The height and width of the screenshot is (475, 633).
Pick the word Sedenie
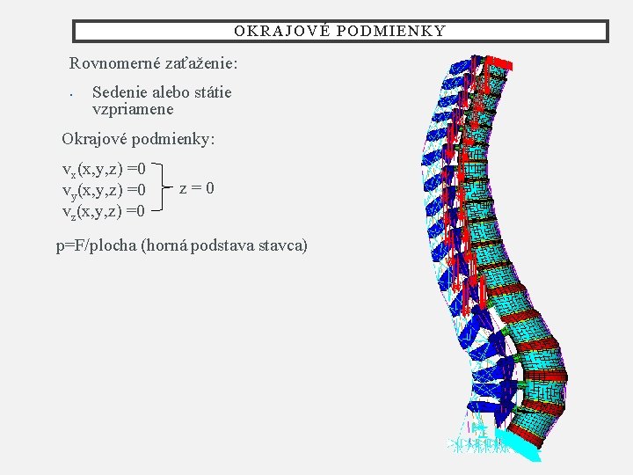pos(120,92)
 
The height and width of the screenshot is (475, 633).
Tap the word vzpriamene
pos(133,110)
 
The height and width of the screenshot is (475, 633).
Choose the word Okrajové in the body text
pos(93,139)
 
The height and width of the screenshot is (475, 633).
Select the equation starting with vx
pos(104,167)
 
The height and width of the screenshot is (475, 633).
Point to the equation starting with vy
pos(104,189)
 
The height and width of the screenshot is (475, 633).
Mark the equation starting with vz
pos(104,211)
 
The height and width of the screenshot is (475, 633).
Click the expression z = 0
pos(196,188)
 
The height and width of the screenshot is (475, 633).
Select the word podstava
pos(228,245)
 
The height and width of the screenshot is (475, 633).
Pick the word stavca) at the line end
pos(283,245)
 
